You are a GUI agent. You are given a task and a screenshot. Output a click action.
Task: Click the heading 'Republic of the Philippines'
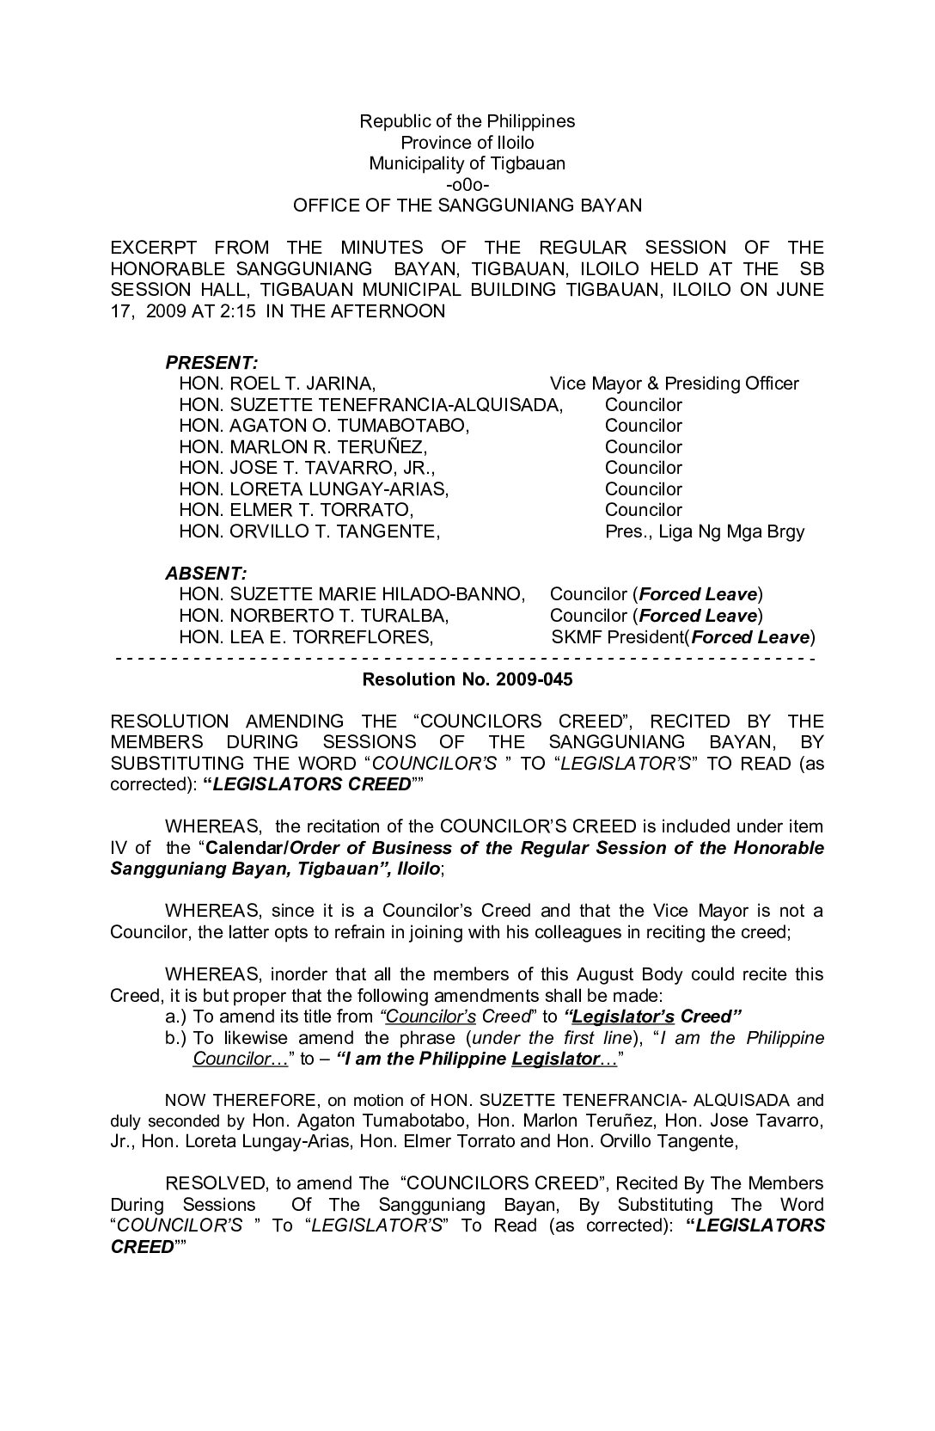tap(467, 121)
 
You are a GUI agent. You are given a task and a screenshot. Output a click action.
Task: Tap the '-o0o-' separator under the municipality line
tap(467, 184)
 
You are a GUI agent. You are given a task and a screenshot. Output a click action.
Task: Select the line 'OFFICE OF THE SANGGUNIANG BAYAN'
tap(467, 206)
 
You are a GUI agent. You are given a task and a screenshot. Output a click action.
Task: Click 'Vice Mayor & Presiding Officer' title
tap(674, 384)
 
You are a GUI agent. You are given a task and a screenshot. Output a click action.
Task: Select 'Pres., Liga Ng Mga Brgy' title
tap(704, 531)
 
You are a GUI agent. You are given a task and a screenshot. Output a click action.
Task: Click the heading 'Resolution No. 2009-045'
tap(467, 679)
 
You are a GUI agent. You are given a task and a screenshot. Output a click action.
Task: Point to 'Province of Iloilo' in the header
tap(467, 143)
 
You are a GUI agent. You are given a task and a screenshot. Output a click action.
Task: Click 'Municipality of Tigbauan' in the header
tap(467, 163)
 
